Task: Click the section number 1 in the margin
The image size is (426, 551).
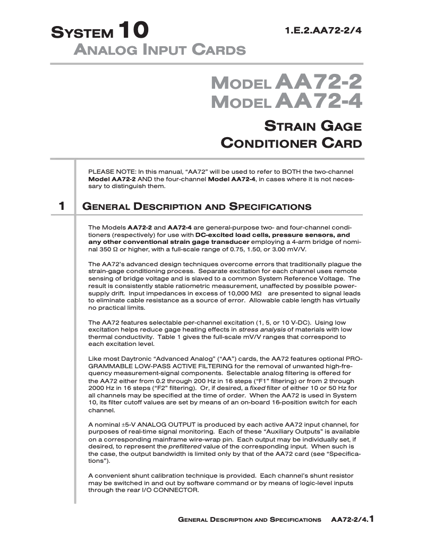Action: [x=62, y=206]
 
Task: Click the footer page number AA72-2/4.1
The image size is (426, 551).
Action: [x=353, y=519]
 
